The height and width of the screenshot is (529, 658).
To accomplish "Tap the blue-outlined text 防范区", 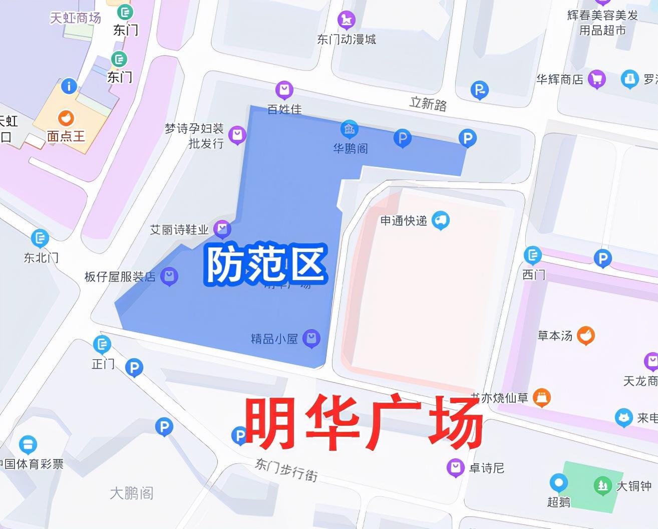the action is point(265,263).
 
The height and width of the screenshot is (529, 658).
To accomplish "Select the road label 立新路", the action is point(428,104).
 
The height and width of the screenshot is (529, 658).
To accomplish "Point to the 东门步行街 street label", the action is point(286,469).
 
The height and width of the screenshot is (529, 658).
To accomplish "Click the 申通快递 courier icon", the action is point(441,220).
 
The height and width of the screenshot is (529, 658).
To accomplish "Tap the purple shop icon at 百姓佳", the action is point(284,90).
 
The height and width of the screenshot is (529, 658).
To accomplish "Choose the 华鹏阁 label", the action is point(350,148).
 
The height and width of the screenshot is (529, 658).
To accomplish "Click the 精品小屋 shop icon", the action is point(311,338).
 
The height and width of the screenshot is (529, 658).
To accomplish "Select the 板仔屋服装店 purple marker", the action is point(170,276).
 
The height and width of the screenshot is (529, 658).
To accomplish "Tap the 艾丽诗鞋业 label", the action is point(179,230).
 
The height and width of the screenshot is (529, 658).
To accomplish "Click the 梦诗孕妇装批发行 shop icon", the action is point(237,135).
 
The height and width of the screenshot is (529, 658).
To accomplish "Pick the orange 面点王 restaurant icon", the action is point(66,118).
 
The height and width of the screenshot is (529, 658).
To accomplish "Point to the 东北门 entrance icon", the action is point(40,238).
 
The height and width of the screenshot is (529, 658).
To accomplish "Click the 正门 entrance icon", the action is point(102,344).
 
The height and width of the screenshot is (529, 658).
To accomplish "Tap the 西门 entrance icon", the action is point(533,255).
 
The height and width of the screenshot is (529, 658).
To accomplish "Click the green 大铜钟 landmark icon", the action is point(602,485).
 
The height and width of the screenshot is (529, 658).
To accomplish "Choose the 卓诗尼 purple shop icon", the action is point(455,468).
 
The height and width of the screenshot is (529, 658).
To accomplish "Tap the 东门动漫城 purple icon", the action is point(346,20).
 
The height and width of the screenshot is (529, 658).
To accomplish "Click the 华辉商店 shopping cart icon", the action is point(596,79).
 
